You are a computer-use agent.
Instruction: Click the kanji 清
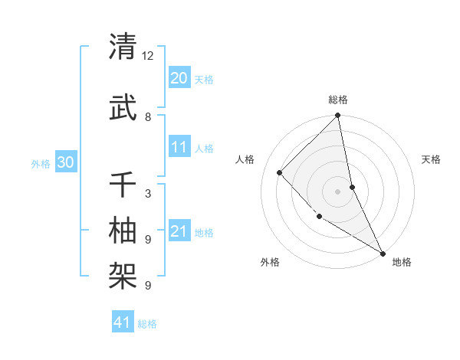pyautogui.click(x=123, y=47)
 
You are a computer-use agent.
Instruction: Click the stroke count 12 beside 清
pyautogui.click(x=148, y=57)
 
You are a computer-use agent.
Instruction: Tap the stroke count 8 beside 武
pyautogui.click(x=148, y=117)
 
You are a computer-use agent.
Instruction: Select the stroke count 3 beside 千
pyautogui.click(x=148, y=194)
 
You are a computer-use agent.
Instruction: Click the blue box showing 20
pyautogui.click(x=179, y=78)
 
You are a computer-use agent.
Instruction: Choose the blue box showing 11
pyautogui.click(x=179, y=147)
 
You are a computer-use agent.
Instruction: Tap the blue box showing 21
pyautogui.click(x=179, y=231)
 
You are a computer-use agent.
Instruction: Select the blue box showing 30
pyautogui.click(x=65, y=162)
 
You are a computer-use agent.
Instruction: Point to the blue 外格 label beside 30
pyautogui.click(x=41, y=163)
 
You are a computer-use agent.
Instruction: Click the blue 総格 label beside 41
pyautogui.click(x=147, y=324)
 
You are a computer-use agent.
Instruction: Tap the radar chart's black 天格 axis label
pyautogui.click(x=431, y=159)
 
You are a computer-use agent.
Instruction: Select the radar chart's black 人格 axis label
pyautogui.click(x=245, y=159)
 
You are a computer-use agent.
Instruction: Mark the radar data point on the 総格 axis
pyautogui.click(x=337, y=116)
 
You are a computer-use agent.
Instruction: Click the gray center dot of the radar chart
pyautogui.click(x=337, y=191)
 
